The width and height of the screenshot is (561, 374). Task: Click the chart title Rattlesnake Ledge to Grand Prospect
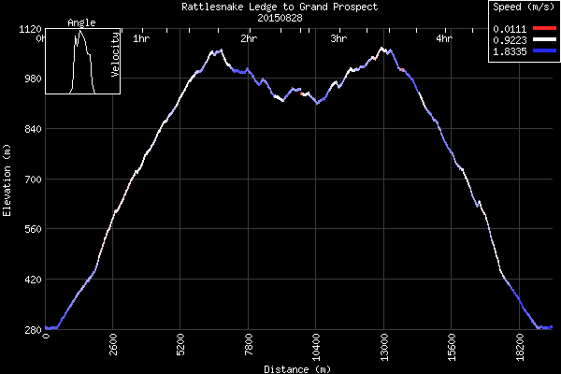[x=280, y=7]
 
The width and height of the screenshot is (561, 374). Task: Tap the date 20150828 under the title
[x=280, y=17]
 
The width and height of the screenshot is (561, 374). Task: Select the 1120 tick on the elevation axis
[x=27, y=29]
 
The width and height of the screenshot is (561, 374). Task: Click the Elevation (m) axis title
[x=7, y=180]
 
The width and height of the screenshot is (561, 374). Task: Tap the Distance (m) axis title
[x=297, y=368]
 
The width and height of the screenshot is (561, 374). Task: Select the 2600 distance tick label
[x=114, y=347]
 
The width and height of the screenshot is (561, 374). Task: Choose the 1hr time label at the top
[x=142, y=39]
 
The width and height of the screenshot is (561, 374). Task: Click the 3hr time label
[x=339, y=39]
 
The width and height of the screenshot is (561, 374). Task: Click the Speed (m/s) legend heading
[x=524, y=7]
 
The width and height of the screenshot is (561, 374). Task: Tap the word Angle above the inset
[x=82, y=22]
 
